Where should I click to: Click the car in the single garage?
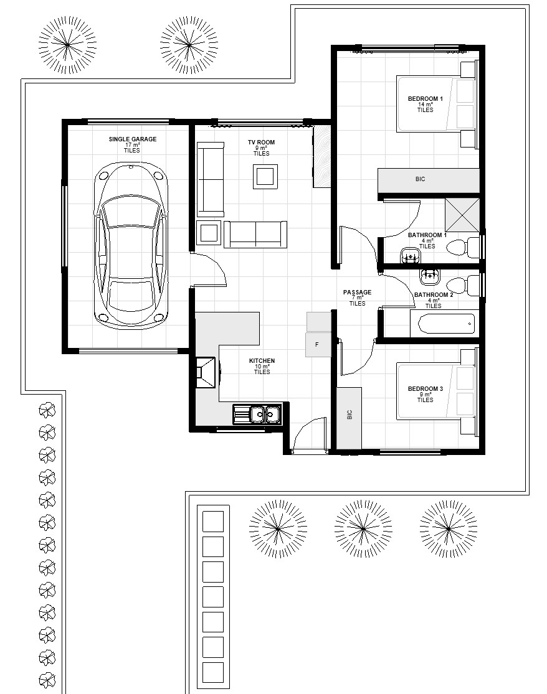pos(131,245)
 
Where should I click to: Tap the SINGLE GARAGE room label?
pos(133,139)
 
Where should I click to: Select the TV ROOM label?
pos(261,142)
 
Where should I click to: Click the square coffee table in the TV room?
pos(265,177)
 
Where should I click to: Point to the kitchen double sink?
pos(264,415)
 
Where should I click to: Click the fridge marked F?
pos(318,344)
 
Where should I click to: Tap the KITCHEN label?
pos(262,361)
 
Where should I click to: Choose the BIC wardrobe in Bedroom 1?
pos(428,180)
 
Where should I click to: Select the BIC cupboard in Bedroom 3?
pos(349,418)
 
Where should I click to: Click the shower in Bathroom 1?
pos(462,215)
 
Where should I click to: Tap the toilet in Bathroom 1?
pos(462,248)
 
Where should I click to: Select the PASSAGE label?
pos(357,292)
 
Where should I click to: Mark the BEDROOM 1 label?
pos(425,99)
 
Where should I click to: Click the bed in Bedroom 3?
pos(436,392)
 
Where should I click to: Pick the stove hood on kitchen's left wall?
pos(206,372)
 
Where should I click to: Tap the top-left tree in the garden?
pos(67,45)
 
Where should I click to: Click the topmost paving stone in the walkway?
pos(213,522)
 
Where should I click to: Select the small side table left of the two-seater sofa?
pos(209,232)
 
